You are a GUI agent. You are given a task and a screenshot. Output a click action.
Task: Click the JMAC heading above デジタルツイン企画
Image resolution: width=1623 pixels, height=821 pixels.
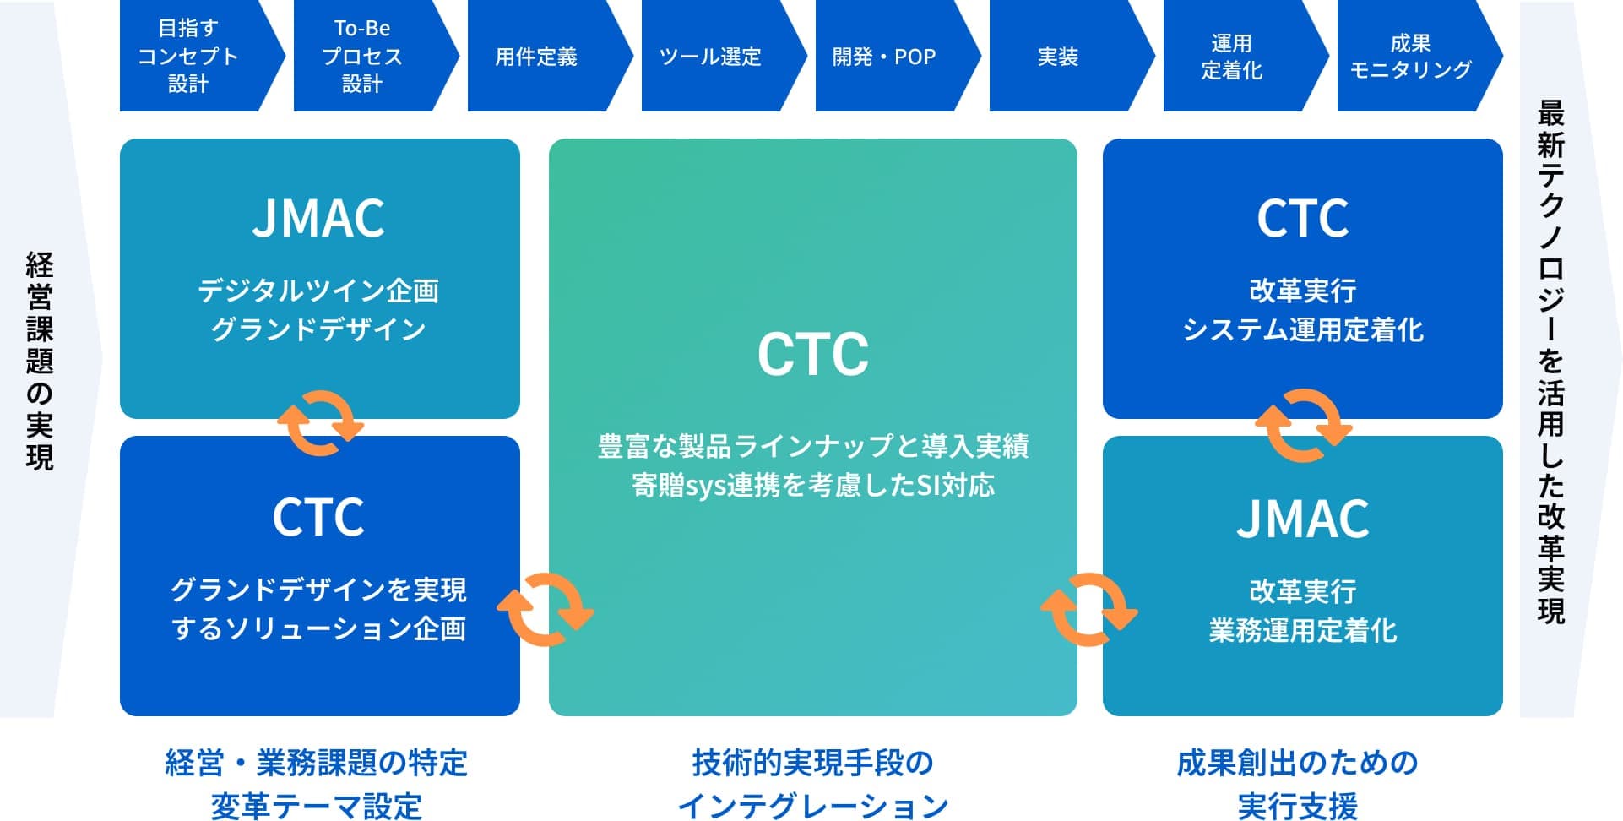(x=318, y=218)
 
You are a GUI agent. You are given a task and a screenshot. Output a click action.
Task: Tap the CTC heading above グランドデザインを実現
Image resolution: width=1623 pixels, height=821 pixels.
(x=318, y=517)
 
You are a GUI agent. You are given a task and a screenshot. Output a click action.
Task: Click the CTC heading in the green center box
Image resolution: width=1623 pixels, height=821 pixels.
(x=813, y=354)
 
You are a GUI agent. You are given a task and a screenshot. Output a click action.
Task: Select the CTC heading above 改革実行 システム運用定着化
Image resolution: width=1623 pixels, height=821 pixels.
(x=1303, y=218)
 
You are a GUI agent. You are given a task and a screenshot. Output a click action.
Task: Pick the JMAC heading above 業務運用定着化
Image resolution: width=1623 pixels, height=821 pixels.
(x=1303, y=518)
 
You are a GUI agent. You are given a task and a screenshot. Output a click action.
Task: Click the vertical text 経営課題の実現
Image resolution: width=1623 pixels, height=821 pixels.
(x=40, y=361)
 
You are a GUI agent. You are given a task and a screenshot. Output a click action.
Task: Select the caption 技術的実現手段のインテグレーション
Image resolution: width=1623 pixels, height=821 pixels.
(x=813, y=784)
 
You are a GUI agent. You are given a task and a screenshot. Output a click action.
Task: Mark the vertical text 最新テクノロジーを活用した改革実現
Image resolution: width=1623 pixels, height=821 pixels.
(x=1551, y=362)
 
